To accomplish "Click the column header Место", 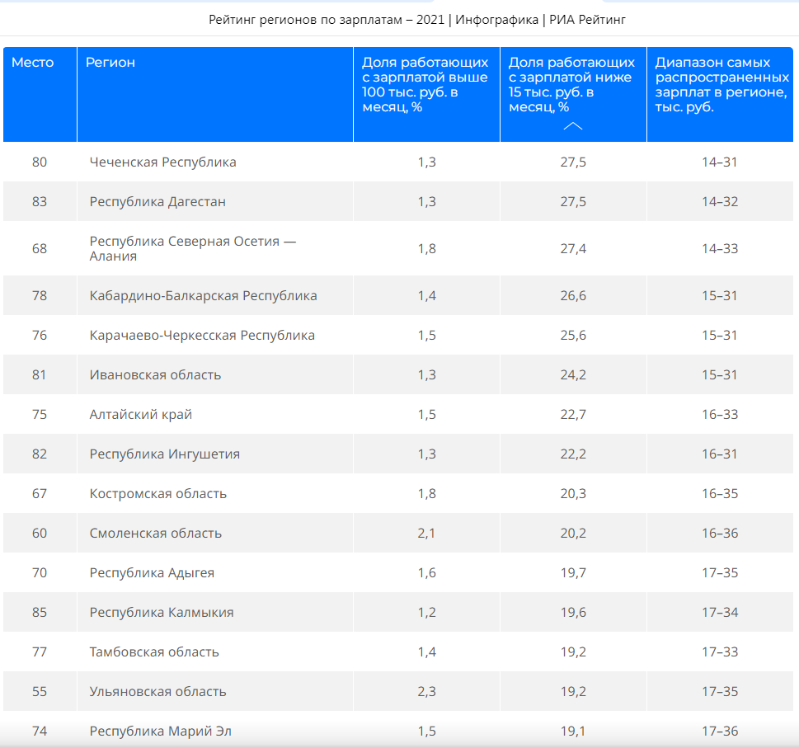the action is [33, 62].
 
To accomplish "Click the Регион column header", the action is [110, 63].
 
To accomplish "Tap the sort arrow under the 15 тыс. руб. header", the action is [573, 126].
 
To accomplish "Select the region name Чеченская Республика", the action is [162, 162].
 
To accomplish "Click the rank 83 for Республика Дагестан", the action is [40, 201].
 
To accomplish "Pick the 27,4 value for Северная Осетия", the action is [573, 249].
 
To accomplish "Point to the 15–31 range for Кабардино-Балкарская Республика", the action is [720, 295].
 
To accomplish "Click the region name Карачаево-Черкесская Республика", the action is [202, 336].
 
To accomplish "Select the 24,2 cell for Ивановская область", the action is [573, 375].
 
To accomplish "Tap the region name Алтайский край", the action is [141, 414].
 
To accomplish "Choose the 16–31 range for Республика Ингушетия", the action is [720, 454].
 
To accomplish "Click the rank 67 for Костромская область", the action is [40, 494].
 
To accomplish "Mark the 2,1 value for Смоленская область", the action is [426, 533].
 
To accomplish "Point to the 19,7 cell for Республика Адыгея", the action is [573, 572].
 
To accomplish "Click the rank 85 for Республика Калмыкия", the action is [40, 612].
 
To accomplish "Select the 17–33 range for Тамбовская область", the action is [720, 652].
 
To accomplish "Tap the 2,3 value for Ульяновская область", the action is [426, 691].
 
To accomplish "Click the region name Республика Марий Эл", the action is [160, 732].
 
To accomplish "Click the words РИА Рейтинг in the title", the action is [587, 20].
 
